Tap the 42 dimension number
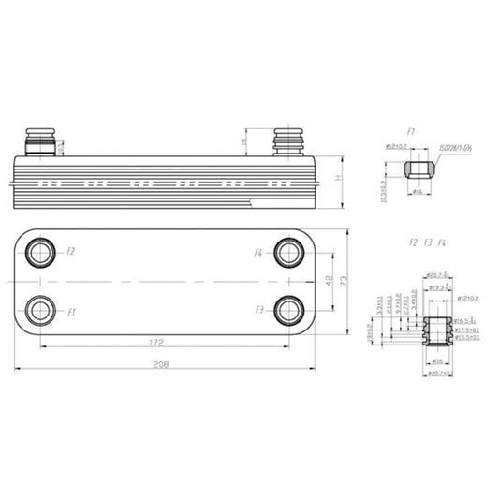(x=329, y=280)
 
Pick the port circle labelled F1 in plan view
(x=40, y=309)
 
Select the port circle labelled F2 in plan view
(x=40, y=252)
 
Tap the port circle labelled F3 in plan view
(x=288, y=309)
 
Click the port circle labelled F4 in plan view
(x=288, y=252)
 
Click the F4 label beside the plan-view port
(x=259, y=253)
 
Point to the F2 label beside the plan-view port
(x=70, y=252)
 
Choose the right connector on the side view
(x=286, y=143)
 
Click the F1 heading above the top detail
(x=411, y=132)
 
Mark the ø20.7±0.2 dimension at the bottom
(x=439, y=374)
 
